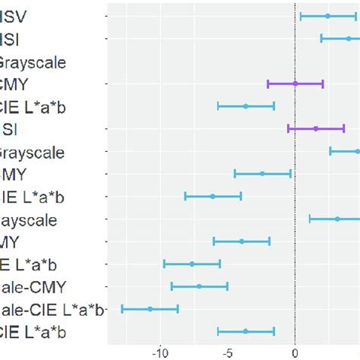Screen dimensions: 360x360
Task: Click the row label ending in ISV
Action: (x=14, y=16)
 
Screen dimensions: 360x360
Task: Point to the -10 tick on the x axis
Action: (x=160, y=352)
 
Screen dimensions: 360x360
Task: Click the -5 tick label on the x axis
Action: (x=228, y=352)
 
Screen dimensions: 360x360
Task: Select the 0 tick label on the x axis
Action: (x=295, y=352)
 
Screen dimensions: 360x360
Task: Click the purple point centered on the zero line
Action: (x=295, y=84)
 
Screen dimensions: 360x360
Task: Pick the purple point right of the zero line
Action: (x=316, y=128)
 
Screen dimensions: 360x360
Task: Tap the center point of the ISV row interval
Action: (x=328, y=16)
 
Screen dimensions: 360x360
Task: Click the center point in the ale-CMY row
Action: (x=200, y=286)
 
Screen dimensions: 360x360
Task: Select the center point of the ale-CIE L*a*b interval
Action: (x=150, y=308)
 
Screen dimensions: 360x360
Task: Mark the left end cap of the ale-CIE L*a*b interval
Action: (x=122, y=308)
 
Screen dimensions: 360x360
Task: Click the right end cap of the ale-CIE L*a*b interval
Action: (x=178, y=308)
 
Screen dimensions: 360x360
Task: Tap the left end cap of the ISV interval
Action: (x=301, y=16)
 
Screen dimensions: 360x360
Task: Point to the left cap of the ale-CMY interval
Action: (x=172, y=286)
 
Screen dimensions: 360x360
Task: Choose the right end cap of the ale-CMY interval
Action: (x=227, y=286)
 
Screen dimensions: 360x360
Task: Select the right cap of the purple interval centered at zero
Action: (x=323, y=84)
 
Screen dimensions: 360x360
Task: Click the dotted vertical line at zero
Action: (x=295, y=190)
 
